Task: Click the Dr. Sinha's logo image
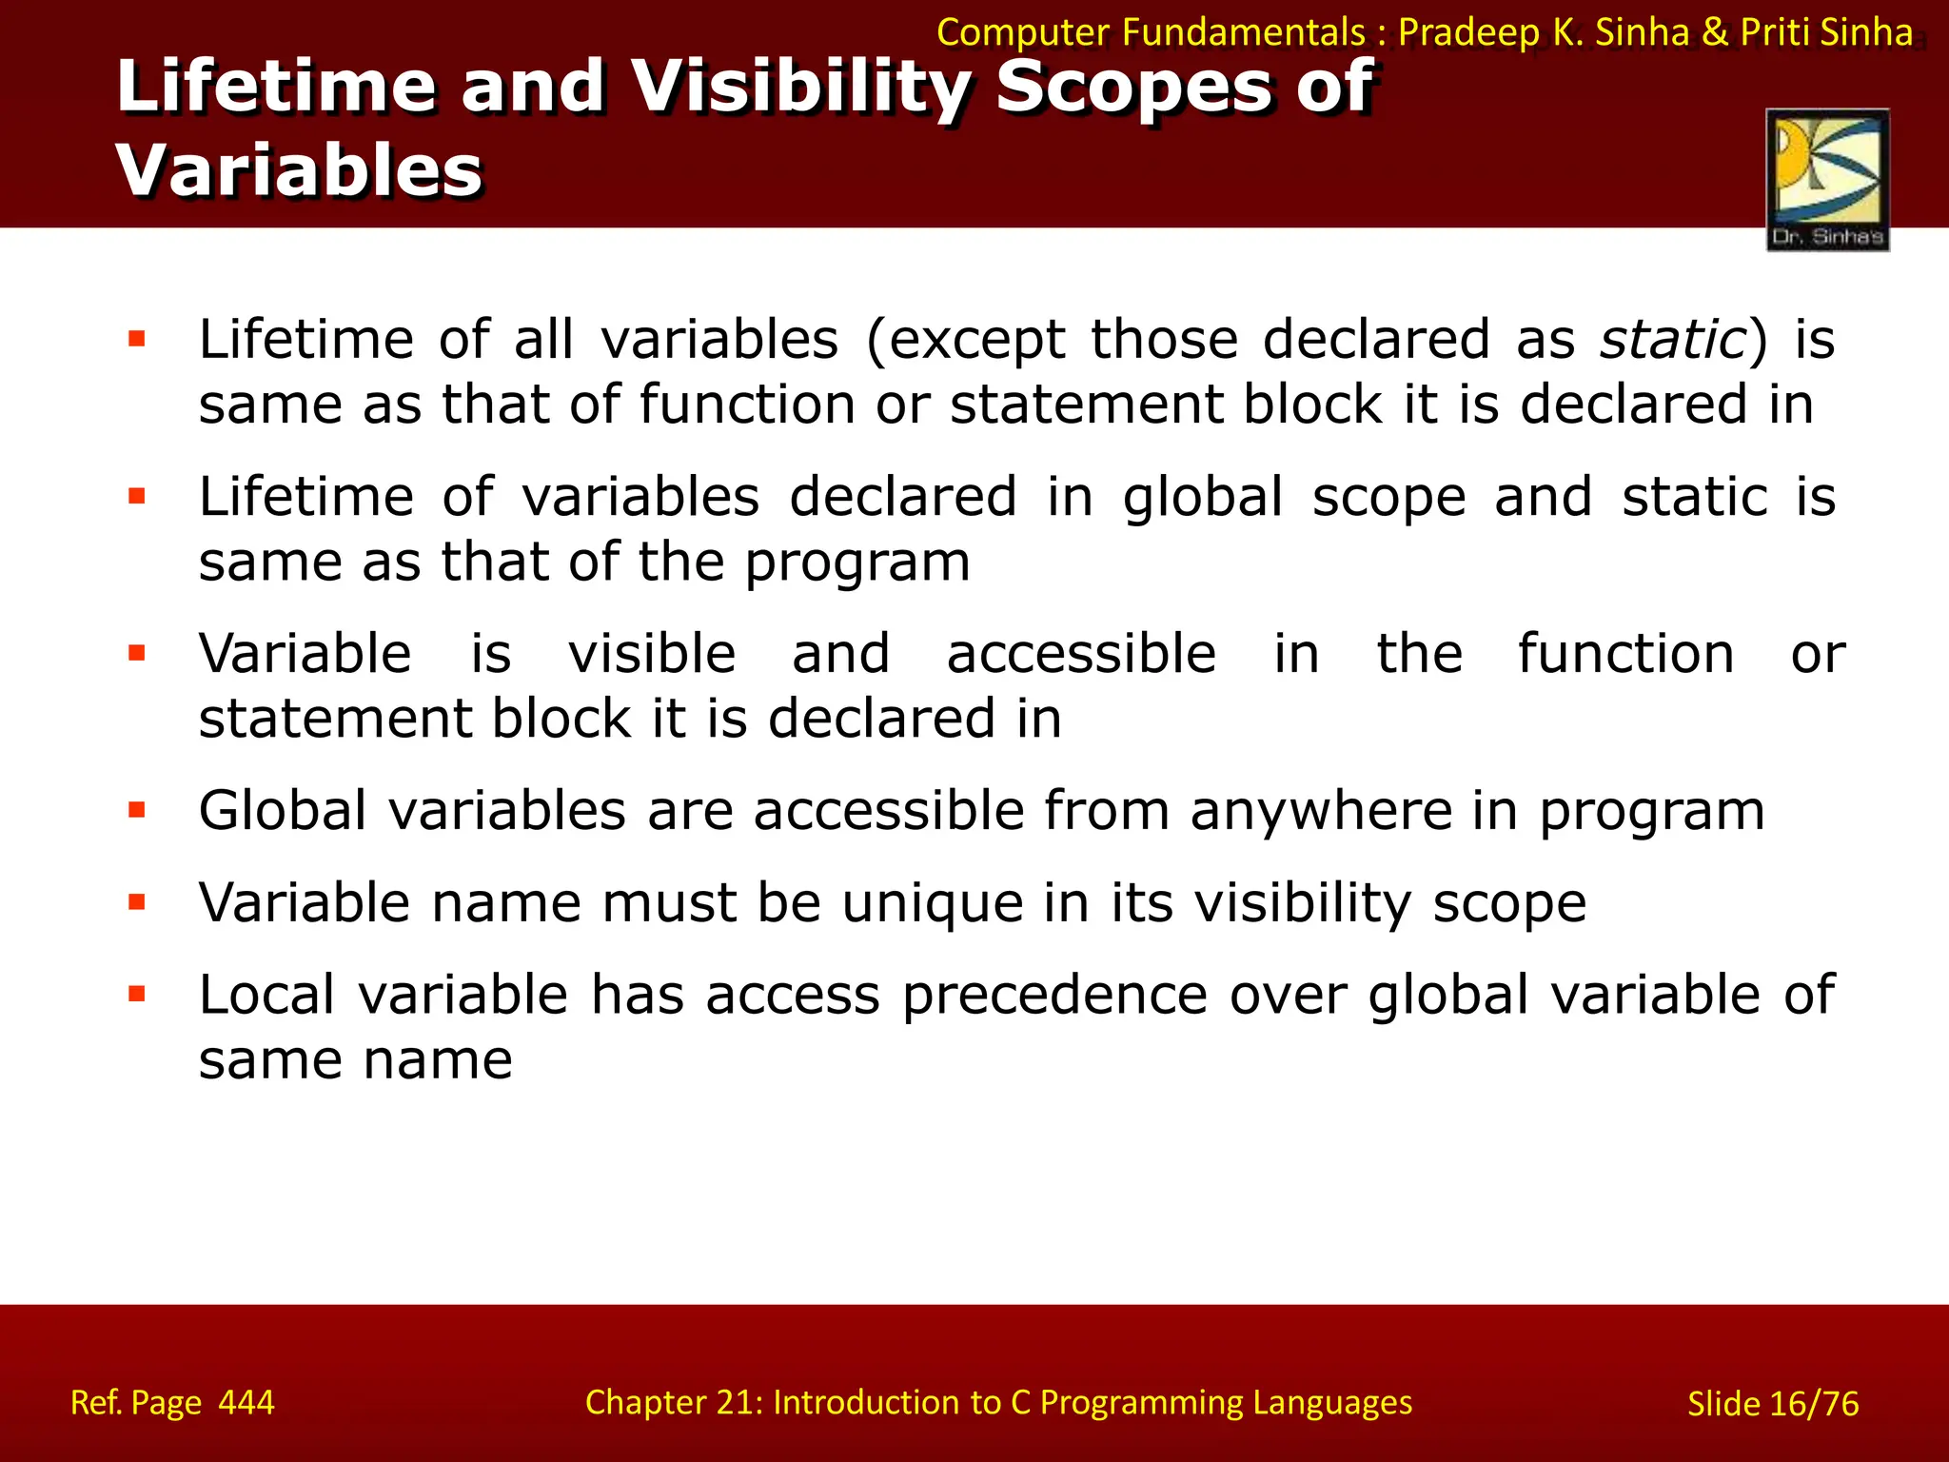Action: click(1827, 179)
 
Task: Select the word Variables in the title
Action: click(300, 171)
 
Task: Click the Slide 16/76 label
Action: click(1772, 1404)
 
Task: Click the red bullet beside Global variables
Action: click(137, 810)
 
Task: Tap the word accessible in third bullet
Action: click(1081, 654)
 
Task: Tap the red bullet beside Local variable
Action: click(137, 995)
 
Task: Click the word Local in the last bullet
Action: click(266, 996)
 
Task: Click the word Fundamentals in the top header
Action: click(1244, 33)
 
